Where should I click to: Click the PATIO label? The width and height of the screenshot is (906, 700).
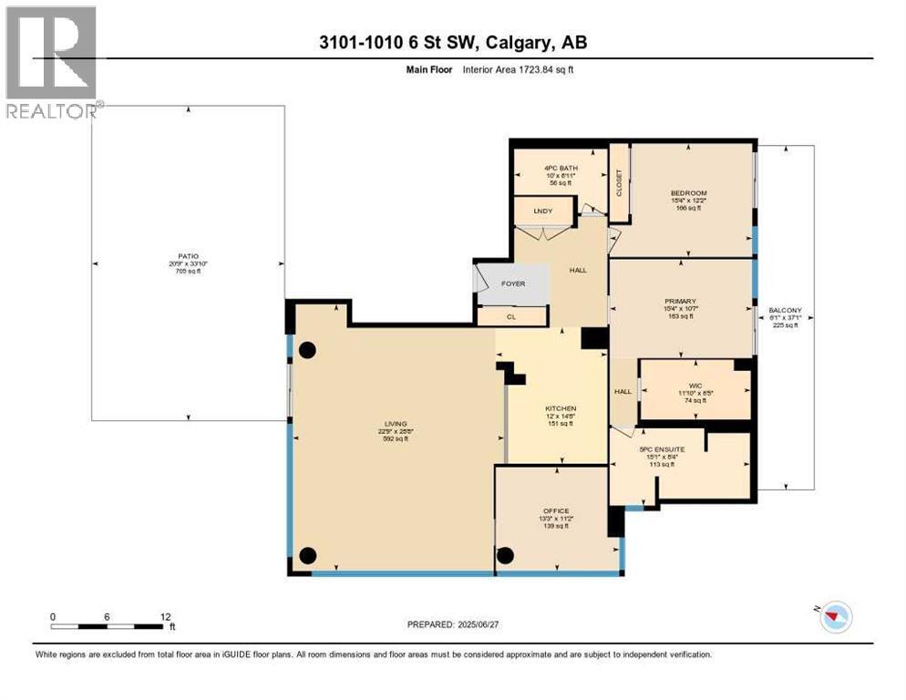pyautogui.click(x=189, y=256)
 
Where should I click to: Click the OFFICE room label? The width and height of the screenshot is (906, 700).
pyautogui.click(x=556, y=510)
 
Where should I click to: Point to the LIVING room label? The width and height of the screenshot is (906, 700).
pyautogui.click(x=395, y=423)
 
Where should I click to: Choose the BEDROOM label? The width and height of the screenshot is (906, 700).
pyautogui.click(x=688, y=193)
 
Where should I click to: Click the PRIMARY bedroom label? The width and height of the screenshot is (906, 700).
pyautogui.click(x=680, y=301)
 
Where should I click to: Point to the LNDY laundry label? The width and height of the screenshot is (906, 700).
pyautogui.click(x=542, y=211)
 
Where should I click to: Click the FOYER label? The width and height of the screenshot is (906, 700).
pyautogui.click(x=513, y=283)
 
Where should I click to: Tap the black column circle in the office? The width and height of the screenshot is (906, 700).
pyautogui.click(x=506, y=555)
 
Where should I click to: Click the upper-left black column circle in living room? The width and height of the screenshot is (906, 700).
pyautogui.click(x=308, y=349)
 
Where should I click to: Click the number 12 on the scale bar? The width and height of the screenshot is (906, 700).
pyautogui.click(x=165, y=616)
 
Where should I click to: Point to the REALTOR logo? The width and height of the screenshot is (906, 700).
pyautogui.click(x=51, y=62)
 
